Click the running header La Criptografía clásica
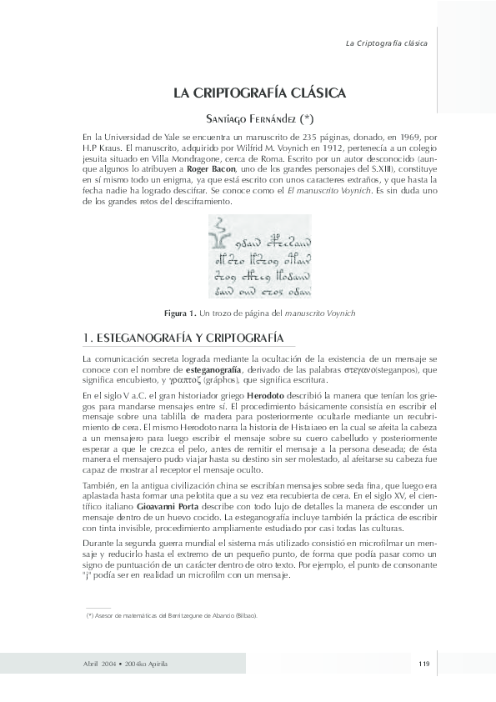tap(386, 43)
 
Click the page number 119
tap(423, 663)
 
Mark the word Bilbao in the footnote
tap(244, 615)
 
